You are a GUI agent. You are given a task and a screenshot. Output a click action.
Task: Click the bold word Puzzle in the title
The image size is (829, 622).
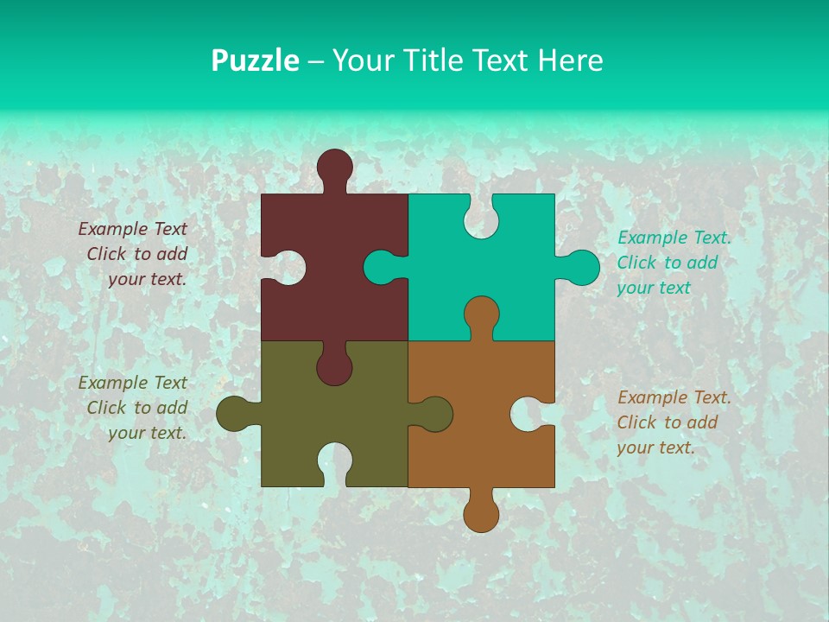pyautogui.click(x=256, y=60)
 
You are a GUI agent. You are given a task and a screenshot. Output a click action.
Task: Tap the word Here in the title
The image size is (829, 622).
pyautogui.click(x=570, y=60)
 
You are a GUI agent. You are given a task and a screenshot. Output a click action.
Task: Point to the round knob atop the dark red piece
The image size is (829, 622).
pyautogui.click(x=334, y=166)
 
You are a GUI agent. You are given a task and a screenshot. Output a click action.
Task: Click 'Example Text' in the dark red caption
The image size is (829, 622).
pyautogui.click(x=132, y=229)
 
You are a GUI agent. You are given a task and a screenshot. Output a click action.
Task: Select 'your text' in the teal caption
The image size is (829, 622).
pyautogui.click(x=654, y=288)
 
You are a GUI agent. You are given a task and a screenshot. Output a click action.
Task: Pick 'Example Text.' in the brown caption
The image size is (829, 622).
pyautogui.click(x=674, y=397)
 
